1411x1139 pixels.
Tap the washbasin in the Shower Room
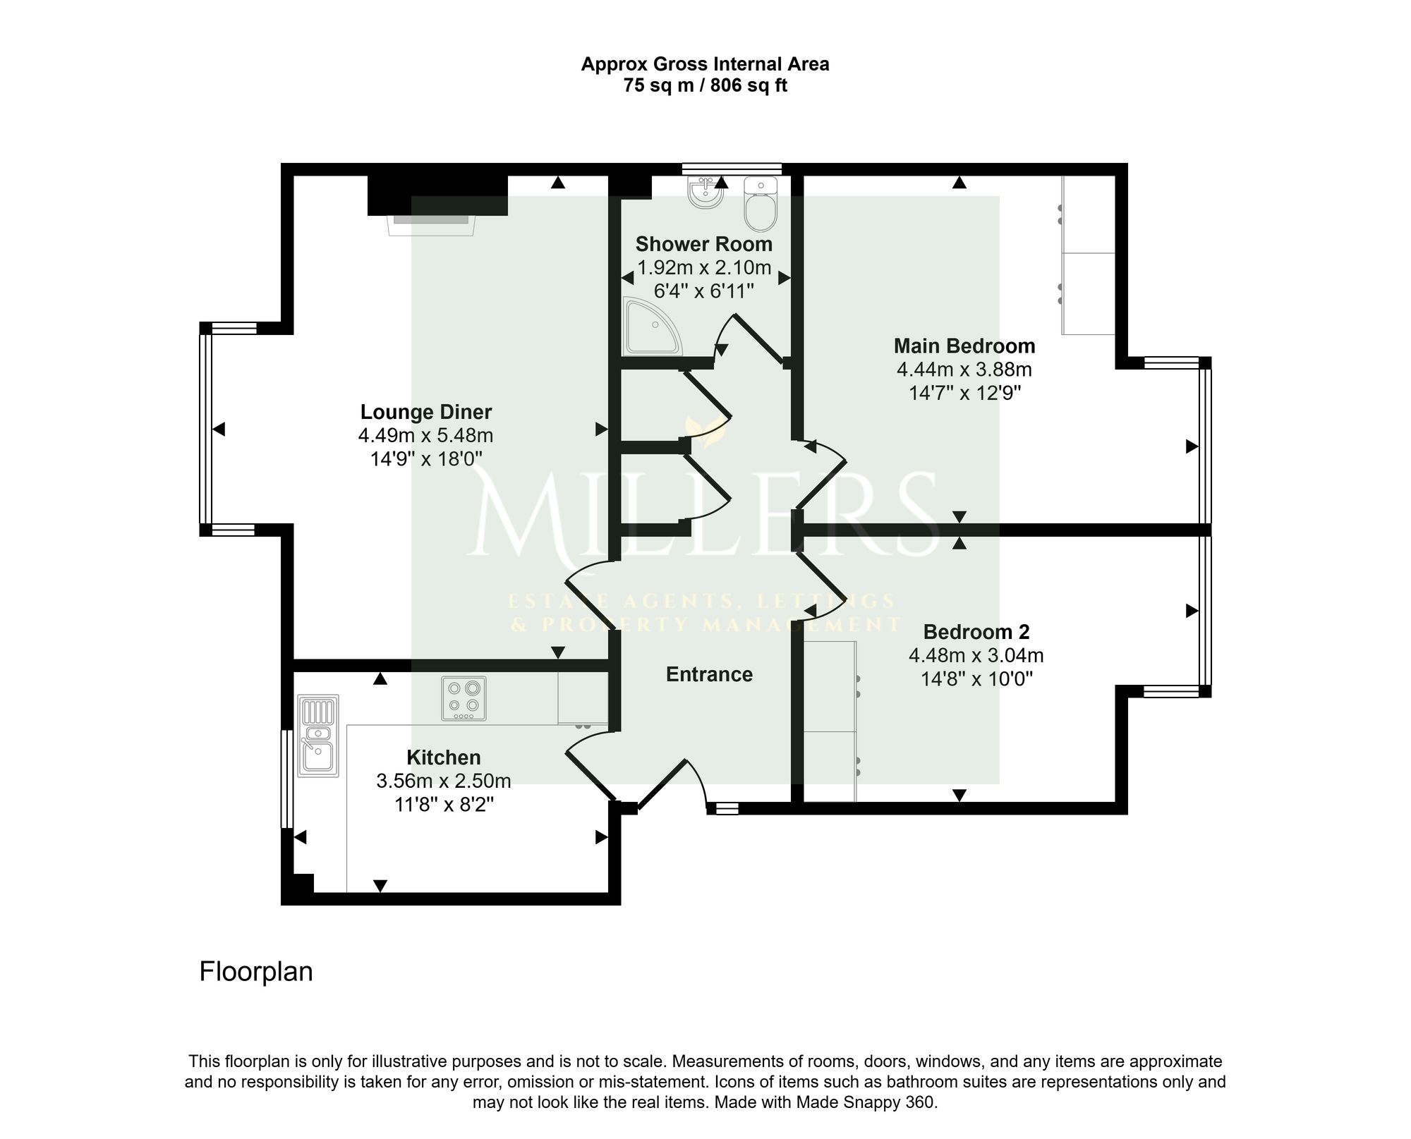coord(705,193)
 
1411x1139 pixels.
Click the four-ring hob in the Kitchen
coord(464,698)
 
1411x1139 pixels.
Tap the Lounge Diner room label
coord(426,412)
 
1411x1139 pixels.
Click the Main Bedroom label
coord(964,346)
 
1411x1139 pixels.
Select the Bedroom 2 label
coord(976,631)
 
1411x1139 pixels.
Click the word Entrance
coord(709,674)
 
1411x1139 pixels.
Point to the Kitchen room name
coord(444,757)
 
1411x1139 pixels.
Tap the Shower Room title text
coord(704,244)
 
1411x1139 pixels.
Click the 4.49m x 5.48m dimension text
coord(425,435)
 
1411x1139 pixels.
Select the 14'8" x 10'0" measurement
coord(976,679)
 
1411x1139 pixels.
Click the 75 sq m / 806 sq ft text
coord(705,86)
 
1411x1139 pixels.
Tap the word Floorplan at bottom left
coord(256,971)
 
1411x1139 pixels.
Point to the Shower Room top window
coord(732,169)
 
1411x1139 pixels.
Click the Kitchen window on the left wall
coord(286,778)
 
